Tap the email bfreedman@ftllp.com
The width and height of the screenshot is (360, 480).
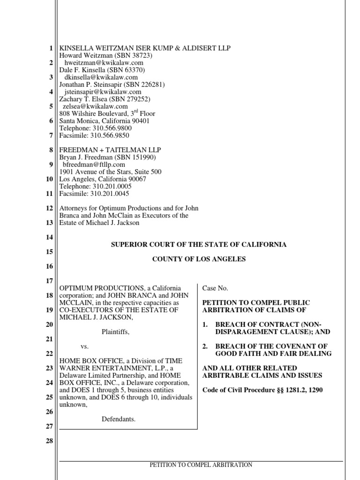pos(94,165)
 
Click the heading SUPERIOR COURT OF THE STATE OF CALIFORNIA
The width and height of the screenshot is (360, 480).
pos(199,245)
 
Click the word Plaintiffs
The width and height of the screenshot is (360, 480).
pos(115,332)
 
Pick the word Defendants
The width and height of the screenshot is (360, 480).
pos(119,419)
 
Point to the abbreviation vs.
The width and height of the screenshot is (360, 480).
pos(84,346)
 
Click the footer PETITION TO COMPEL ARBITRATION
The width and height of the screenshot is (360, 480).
pos(201,465)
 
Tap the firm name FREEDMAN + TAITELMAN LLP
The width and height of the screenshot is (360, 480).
pos(110,150)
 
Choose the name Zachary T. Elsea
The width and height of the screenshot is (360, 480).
pos(83,99)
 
